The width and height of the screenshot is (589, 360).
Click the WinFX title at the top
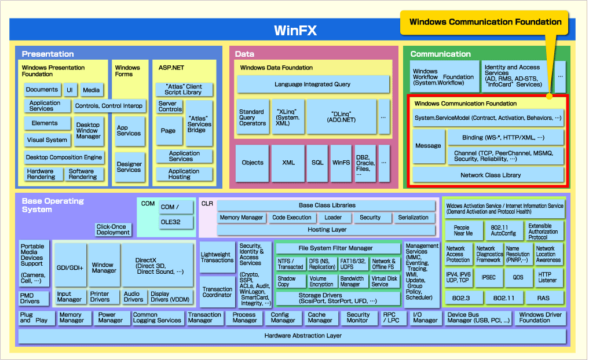pyautogui.click(x=295, y=31)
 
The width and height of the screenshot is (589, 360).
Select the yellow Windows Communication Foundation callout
pyautogui.click(x=485, y=22)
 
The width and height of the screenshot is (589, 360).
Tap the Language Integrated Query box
pyautogui.click(x=312, y=85)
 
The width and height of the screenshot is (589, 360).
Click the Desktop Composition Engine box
pyautogui.click(x=64, y=157)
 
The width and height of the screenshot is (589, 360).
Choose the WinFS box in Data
pyautogui.click(x=341, y=163)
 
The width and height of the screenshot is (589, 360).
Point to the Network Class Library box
pyautogui.click(x=490, y=175)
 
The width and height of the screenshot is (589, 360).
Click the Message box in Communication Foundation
pyautogui.click(x=428, y=146)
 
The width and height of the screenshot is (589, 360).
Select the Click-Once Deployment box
pyautogui.click(x=114, y=229)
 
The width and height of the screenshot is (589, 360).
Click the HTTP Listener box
pyautogui.click(x=547, y=277)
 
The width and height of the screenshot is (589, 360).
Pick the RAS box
pyautogui.click(x=543, y=298)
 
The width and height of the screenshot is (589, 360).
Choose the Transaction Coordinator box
pyautogui.click(x=217, y=292)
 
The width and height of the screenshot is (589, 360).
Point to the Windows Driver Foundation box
pyautogui.click(x=540, y=318)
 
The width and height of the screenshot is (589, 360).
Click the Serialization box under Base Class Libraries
pyautogui.click(x=413, y=218)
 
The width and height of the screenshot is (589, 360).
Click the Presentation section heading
pyautogui.click(x=47, y=54)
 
